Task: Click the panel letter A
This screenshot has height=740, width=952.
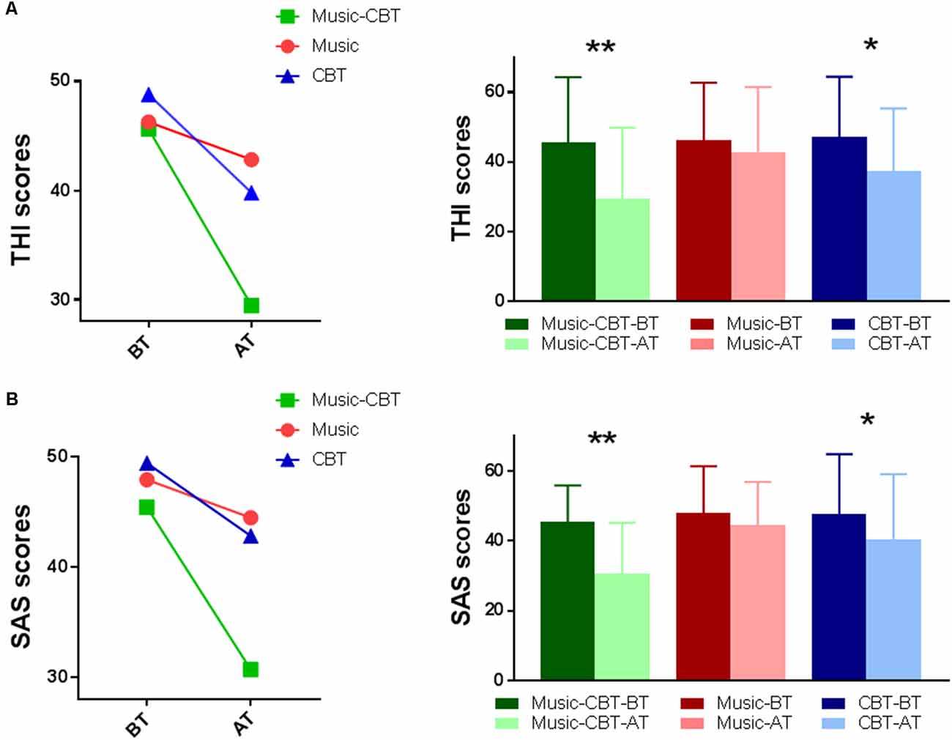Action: coord(11,14)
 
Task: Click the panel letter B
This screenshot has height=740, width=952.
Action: coord(11,399)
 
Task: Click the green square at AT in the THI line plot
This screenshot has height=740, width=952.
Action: coord(251,305)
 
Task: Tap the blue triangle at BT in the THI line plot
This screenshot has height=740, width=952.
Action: coord(149,96)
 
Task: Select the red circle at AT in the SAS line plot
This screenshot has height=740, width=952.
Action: coord(250,518)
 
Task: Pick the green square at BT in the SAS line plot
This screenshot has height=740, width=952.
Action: coord(146,507)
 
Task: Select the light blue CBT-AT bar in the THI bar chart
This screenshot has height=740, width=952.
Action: coord(893,235)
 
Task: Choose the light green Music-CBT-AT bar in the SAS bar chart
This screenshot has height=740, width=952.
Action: coord(622,626)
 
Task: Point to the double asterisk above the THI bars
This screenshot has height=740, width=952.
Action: coord(600,48)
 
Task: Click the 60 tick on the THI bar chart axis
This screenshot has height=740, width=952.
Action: coord(496,92)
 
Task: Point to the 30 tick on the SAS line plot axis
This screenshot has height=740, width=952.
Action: coord(58,676)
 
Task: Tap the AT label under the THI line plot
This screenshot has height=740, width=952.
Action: coord(245,344)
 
